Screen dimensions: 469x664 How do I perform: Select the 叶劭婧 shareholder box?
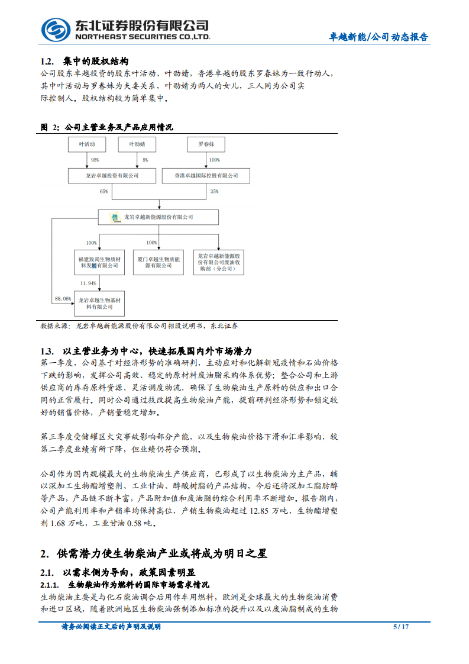[136, 144]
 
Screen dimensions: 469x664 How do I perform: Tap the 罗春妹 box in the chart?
[206, 144]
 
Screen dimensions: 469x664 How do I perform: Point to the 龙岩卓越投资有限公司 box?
[112, 175]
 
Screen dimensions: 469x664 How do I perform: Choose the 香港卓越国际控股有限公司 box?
[206, 175]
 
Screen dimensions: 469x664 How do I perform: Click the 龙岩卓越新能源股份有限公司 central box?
[159, 217]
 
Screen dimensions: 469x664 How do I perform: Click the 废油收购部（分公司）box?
[218, 262]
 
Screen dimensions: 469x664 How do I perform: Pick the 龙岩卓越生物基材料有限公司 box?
[100, 304]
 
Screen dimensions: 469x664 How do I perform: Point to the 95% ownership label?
[95, 160]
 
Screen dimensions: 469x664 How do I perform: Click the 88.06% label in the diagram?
[63, 299]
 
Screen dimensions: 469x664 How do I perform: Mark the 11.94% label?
[88, 283]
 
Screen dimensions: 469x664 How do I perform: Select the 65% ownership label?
[105, 191]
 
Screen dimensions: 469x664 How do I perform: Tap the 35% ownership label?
[214, 191]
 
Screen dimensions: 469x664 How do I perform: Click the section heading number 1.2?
[47, 62]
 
